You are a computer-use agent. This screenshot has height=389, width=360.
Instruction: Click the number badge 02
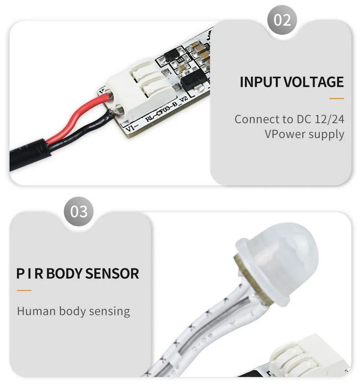[282, 20]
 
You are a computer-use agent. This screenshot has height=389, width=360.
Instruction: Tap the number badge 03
[79, 211]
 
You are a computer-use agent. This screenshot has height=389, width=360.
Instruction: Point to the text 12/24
[329, 119]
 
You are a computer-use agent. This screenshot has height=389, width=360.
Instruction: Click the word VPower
[283, 134]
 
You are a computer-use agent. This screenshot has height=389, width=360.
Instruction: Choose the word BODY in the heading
[64, 273]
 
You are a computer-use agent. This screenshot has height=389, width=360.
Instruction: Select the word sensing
[109, 311]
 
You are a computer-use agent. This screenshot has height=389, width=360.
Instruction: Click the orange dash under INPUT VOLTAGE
[337, 98]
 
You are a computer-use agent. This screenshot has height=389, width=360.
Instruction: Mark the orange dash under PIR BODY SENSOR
[24, 291]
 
